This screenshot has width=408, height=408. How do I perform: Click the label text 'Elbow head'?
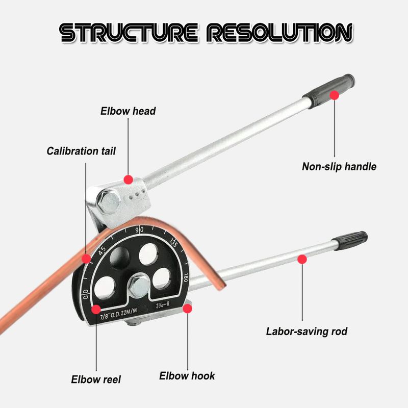tap(127, 111)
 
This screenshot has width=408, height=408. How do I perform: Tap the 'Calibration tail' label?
tap(81, 151)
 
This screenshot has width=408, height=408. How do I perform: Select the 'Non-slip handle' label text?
tap(339, 166)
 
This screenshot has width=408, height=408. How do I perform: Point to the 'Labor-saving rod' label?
tap(307, 331)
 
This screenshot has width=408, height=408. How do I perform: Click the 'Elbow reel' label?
tap(96, 379)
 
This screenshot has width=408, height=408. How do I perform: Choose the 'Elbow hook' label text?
tap(187, 376)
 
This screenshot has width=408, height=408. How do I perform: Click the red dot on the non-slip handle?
tap(335, 95)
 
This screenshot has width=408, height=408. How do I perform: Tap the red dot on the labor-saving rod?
tap(302, 259)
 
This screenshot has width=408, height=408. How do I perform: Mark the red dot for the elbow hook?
tap(187, 308)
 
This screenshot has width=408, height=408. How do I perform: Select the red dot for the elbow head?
tap(128, 179)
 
